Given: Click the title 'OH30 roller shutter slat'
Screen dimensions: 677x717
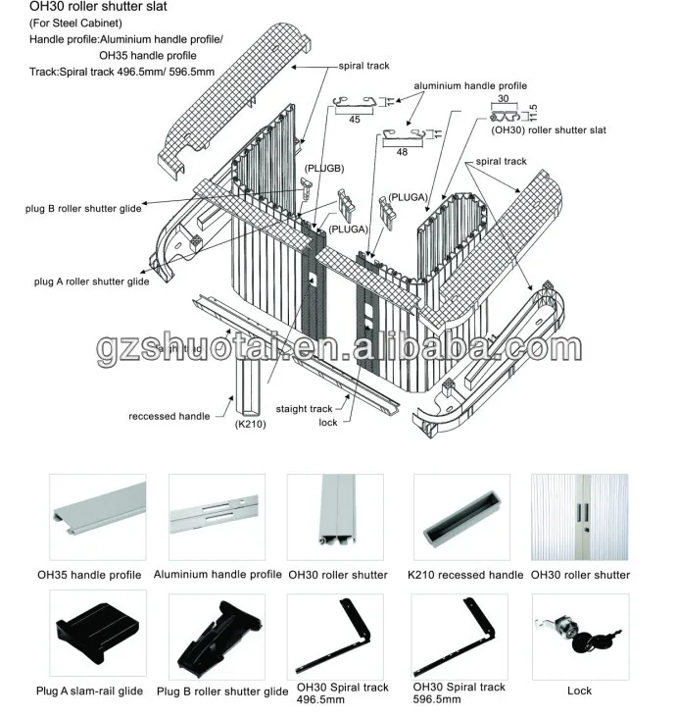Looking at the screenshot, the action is [98, 7].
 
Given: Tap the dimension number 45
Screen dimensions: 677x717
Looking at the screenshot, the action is [355, 120].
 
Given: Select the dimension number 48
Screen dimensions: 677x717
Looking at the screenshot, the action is [402, 152].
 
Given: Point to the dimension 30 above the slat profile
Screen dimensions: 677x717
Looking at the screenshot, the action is [503, 98].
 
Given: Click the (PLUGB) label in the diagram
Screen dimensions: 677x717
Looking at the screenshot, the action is [324, 169].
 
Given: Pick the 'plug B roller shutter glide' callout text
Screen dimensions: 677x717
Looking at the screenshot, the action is [83, 209].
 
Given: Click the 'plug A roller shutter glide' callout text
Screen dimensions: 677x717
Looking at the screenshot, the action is [91, 282].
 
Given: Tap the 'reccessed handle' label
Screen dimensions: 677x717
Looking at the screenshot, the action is [169, 416].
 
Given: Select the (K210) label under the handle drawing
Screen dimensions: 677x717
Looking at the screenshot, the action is [251, 424].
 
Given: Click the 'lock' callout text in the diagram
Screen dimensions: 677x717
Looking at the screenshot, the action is [328, 423].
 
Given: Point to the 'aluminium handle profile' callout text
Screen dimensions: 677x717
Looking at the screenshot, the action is [470, 86].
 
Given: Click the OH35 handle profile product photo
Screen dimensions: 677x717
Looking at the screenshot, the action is [98, 517].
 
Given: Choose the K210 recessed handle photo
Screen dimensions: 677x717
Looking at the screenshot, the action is [461, 517].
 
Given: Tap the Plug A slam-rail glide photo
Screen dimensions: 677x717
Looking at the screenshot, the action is [98, 633].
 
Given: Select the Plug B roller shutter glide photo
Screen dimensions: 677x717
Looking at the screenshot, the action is [217, 637].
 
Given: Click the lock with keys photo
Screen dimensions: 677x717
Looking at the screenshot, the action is [581, 637].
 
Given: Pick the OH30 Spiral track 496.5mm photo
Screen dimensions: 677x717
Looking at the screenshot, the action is [335, 637].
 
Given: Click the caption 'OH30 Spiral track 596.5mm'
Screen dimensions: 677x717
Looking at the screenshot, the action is [459, 692].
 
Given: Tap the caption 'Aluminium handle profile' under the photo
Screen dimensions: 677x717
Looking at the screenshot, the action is [218, 575].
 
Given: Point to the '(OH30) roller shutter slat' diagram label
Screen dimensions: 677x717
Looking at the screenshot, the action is [549, 129].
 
